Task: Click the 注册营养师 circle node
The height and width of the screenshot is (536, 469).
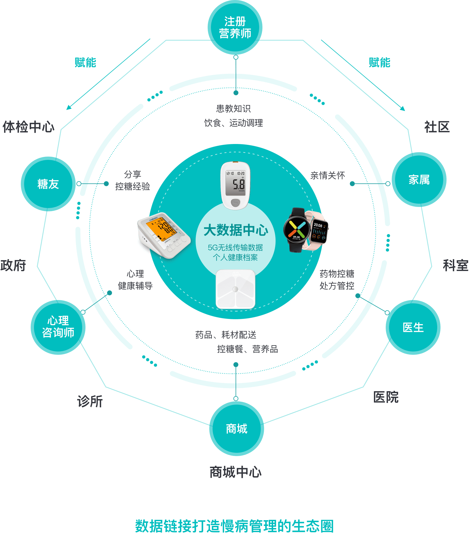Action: (x=235, y=27)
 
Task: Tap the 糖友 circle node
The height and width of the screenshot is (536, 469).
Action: (x=48, y=184)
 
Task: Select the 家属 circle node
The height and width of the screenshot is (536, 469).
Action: (x=419, y=180)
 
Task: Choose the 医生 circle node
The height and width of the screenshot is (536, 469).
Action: (x=413, y=327)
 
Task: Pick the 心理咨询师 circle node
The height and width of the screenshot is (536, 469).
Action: (x=58, y=327)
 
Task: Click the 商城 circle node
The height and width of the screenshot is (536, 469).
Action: (x=236, y=429)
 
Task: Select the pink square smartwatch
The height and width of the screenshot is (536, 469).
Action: (x=319, y=231)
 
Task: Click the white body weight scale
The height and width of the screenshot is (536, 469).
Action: (x=236, y=289)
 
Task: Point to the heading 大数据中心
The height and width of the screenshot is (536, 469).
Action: (x=236, y=230)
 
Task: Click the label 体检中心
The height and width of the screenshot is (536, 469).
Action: (x=28, y=127)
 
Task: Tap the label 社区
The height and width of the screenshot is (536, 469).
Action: (x=437, y=127)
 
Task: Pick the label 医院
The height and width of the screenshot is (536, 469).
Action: (x=386, y=397)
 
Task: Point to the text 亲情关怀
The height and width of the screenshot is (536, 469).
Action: (x=327, y=175)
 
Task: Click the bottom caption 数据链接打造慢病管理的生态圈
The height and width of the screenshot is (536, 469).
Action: (x=234, y=526)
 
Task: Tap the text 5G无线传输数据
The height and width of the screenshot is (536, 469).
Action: (x=235, y=247)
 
